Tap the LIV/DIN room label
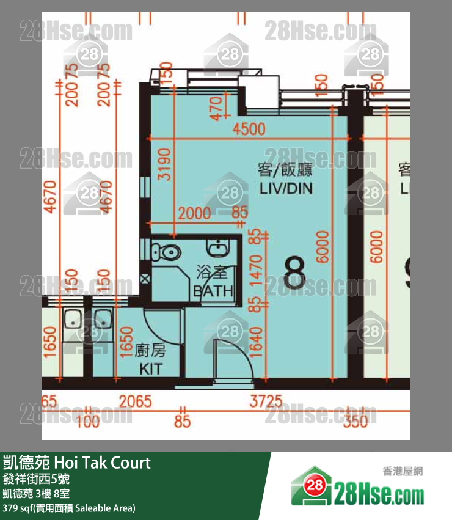tap(286, 189)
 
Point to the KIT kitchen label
tap(151, 369)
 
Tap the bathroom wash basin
tap(218, 247)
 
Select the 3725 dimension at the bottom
tap(266, 401)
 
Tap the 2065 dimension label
tap(135, 401)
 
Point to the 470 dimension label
tap(214, 109)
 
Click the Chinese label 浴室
tap(211, 270)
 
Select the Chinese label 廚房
tap(150, 351)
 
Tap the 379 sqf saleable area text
tap(69, 508)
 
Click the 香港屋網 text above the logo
tap(403, 471)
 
